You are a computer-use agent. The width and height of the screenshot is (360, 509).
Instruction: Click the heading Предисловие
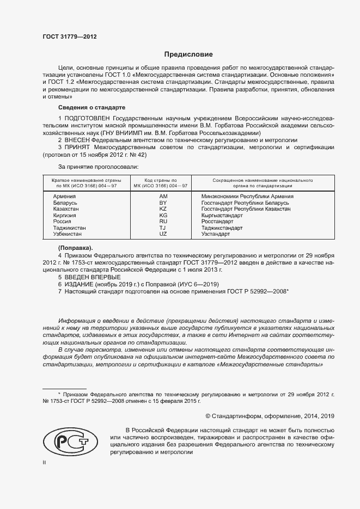189,54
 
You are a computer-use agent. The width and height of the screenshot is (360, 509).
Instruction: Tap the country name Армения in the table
64,196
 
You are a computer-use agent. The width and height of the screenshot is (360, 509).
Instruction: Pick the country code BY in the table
163,203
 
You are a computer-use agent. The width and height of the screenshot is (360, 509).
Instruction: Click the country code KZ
163,208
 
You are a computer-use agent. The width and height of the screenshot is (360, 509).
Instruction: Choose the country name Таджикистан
70,228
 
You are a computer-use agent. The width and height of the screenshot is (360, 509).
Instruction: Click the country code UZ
163,234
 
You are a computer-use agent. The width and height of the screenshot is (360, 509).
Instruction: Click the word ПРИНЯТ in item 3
77,148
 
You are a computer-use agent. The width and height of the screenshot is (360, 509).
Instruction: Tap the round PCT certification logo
69,439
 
